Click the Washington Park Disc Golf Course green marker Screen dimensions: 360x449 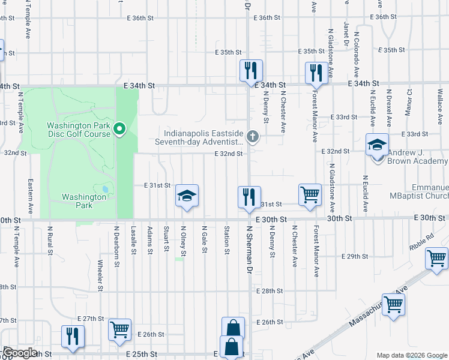(119, 129)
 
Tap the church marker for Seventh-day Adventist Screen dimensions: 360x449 (253, 137)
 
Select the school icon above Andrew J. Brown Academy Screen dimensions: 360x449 (377, 146)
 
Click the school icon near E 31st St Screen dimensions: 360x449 (187, 196)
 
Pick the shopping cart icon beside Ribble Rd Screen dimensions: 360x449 (436, 259)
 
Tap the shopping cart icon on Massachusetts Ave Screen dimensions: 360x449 (394, 304)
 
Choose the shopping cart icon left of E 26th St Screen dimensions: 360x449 (119, 329)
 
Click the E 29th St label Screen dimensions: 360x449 (354, 256)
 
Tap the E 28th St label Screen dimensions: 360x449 (268, 291)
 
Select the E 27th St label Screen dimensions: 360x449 (91, 319)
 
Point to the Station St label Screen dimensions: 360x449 (227, 239)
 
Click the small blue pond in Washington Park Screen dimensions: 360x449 (106, 189)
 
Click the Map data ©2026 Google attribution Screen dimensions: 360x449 (411, 355)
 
